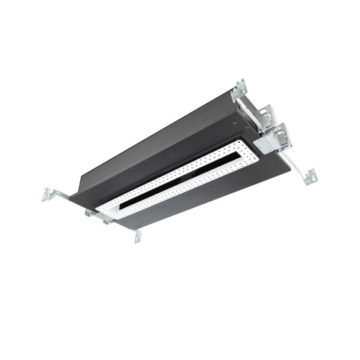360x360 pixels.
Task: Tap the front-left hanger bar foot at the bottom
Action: click(137, 236)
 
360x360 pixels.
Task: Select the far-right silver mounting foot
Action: click(311, 176)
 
